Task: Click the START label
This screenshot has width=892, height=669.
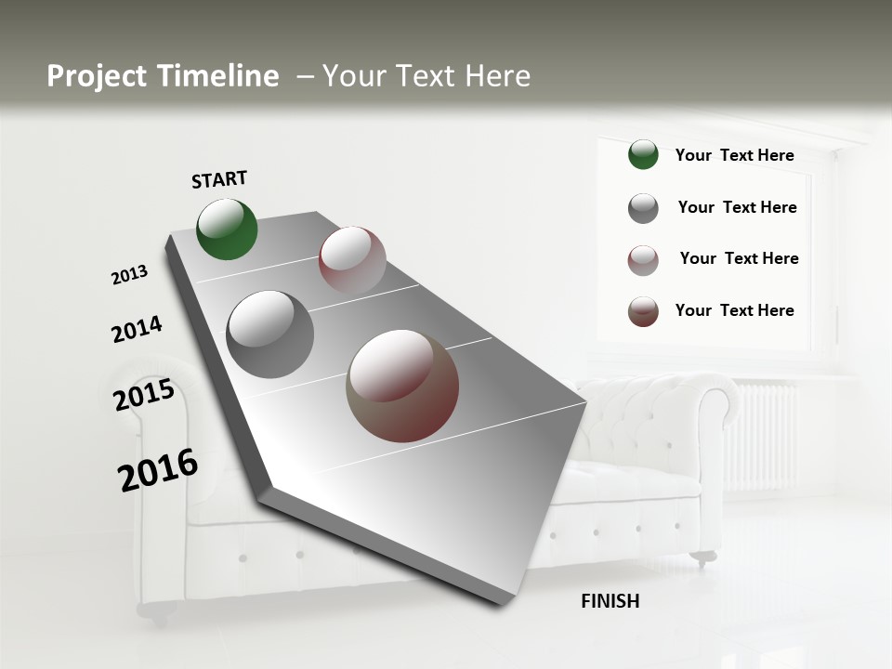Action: pyautogui.click(x=219, y=179)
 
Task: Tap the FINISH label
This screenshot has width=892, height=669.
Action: pyautogui.click(x=610, y=601)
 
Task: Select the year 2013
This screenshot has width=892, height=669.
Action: pyautogui.click(x=129, y=274)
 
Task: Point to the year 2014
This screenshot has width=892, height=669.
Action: pyautogui.click(x=137, y=329)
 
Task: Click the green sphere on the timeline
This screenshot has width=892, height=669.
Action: pyautogui.click(x=227, y=229)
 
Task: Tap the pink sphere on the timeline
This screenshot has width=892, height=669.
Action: pyautogui.click(x=352, y=260)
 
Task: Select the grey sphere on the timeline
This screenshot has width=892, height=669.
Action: pyautogui.click(x=270, y=334)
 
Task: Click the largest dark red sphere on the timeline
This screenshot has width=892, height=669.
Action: pyautogui.click(x=402, y=386)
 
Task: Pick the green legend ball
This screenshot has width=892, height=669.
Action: pyautogui.click(x=643, y=155)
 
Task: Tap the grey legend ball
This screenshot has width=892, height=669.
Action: pyautogui.click(x=643, y=208)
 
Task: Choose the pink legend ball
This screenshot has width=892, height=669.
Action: pyautogui.click(x=643, y=260)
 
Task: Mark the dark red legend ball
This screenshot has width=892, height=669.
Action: pyautogui.click(x=643, y=311)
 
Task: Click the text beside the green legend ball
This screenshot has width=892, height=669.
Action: pyautogui.click(x=734, y=155)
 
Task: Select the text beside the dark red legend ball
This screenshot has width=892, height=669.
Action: pyautogui.click(x=734, y=310)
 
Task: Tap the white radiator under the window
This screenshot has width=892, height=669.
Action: pyautogui.click(x=764, y=437)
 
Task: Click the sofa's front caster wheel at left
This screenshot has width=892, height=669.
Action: pyautogui.click(x=156, y=610)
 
